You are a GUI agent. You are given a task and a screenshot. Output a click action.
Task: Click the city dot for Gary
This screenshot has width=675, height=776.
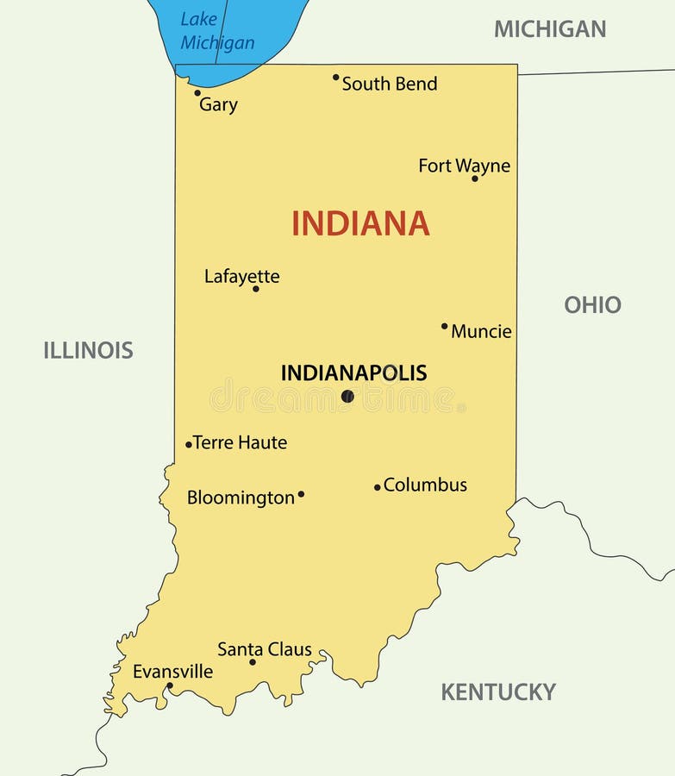[x=197, y=92]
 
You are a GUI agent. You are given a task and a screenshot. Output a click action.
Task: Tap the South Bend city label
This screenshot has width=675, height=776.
[x=390, y=84]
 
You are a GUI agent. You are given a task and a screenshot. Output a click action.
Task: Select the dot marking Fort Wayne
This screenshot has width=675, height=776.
[x=474, y=178]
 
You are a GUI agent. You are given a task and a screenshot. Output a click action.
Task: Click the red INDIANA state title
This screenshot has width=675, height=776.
[x=360, y=223]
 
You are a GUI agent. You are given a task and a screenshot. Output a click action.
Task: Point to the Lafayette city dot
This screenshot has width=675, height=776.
[x=255, y=288]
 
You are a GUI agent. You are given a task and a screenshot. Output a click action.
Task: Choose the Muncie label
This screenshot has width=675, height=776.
[x=481, y=331]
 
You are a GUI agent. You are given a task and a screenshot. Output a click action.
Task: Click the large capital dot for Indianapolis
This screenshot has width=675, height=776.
[x=347, y=396]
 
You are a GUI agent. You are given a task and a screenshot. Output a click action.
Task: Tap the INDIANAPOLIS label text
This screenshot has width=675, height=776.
[x=353, y=373]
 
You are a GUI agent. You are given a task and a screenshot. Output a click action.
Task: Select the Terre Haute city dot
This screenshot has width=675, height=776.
[x=189, y=444]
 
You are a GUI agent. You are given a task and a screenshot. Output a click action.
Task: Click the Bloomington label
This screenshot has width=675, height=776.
[x=241, y=498]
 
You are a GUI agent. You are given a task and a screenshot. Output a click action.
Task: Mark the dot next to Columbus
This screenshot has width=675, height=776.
[x=377, y=487]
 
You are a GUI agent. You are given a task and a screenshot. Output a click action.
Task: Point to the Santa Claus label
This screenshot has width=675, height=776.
[x=265, y=649]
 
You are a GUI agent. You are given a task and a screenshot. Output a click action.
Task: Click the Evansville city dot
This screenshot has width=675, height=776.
[x=170, y=686]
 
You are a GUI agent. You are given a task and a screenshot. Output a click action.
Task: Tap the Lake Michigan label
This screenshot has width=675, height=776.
[x=217, y=31]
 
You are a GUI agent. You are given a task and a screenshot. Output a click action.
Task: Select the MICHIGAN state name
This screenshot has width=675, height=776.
[x=550, y=29]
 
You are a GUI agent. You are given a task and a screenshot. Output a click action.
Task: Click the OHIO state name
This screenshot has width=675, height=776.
[x=592, y=304]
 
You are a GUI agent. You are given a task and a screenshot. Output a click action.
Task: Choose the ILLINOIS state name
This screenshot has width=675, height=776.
[x=88, y=350]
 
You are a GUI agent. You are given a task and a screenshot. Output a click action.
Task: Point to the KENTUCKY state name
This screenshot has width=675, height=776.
[x=498, y=692]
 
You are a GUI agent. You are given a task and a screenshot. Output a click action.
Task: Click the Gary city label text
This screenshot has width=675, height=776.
[x=218, y=104]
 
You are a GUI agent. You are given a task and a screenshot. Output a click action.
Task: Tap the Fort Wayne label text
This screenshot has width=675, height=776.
[x=464, y=165]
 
